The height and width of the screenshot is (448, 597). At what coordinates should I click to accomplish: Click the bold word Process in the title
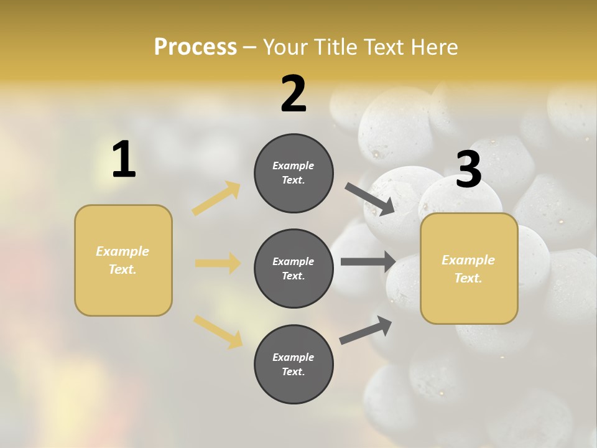click(195, 47)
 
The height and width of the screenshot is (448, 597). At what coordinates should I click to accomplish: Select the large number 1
click(124, 159)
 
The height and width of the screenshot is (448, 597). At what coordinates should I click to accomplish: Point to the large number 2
click(294, 94)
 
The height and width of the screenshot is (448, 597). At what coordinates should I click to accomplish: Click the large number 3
click(468, 170)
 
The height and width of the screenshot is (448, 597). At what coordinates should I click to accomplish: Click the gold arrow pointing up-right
click(216, 198)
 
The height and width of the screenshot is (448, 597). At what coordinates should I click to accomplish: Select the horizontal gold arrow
click(218, 263)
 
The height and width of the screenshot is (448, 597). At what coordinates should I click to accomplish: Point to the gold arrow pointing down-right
click(218, 331)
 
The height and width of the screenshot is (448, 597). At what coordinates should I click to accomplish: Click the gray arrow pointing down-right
click(370, 198)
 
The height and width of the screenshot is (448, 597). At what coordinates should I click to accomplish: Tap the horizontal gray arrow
click(368, 261)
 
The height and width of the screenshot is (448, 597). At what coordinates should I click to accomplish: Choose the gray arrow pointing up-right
click(366, 330)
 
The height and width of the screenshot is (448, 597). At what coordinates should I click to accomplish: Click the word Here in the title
click(435, 47)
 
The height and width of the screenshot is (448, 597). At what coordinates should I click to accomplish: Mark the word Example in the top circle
click(294, 166)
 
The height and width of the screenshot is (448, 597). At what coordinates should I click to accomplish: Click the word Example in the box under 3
click(468, 260)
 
